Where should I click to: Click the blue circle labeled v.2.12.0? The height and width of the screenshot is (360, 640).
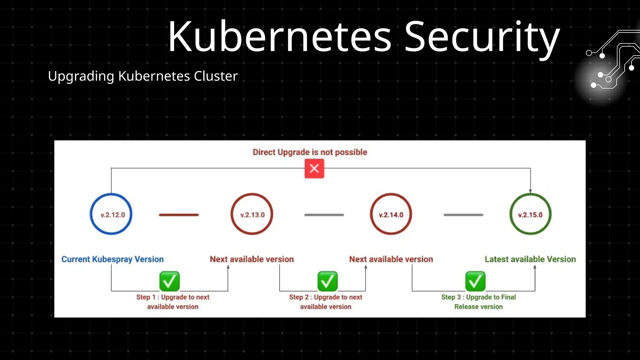click(x=111, y=214)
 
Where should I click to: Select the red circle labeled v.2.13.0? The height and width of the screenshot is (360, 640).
click(x=252, y=214)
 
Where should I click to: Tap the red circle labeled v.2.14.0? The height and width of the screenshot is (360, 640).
click(x=391, y=214)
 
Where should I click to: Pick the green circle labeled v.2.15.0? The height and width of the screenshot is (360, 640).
click(x=530, y=214)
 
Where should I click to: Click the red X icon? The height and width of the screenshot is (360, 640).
click(x=314, y=168)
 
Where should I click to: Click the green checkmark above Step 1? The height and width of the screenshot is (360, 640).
click(x=169, y=281)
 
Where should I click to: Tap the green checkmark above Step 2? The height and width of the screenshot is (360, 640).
click(x=327, y=281)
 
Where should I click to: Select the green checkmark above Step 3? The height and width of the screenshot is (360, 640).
click(x=475, y=281)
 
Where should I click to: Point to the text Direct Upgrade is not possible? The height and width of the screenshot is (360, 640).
click(x=310, y=152)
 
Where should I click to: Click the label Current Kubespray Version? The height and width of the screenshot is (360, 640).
click(x=112, y=259)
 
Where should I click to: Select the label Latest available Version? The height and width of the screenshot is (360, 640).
click(x=530, y=259)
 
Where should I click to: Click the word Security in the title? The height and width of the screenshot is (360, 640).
click(x=482, y=37)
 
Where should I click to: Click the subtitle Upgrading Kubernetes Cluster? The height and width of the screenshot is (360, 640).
click(x=143, y=76)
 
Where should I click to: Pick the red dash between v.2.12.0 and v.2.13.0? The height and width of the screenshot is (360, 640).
click(x=179, y=215)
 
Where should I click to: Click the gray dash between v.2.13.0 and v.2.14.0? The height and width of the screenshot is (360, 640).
click(x=324, y=215)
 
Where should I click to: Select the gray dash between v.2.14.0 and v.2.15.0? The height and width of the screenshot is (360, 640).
click(x=463, y=215)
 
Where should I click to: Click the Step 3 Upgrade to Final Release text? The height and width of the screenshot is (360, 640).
click(x=478, y=302)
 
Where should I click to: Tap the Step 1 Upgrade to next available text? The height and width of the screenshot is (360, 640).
click(x=173, y=302)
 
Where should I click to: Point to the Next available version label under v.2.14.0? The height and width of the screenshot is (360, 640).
click(x=391, y=259)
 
